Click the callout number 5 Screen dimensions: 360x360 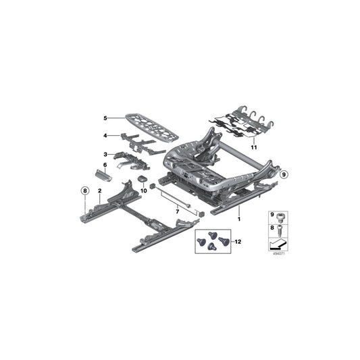[105, 118]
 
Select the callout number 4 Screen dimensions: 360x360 [105, 136]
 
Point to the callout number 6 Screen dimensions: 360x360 [105, 164]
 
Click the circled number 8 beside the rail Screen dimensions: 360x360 [84, 192]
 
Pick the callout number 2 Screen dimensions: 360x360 [100, 192]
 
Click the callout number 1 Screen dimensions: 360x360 [239, 219]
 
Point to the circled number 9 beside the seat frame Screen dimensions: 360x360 [284, 174]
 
